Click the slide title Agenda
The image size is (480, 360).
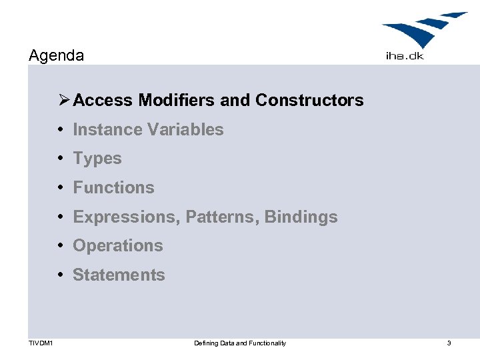57,55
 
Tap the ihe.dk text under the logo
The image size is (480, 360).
405,56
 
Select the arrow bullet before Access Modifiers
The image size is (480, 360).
63,100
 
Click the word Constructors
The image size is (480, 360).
309,100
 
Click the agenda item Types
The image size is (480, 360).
97,159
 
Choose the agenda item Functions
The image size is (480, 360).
113,187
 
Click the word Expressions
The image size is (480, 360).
125,217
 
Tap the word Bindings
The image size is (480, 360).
301,217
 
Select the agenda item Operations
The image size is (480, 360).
118,245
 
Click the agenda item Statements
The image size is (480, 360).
119,275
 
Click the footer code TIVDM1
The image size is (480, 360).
41,343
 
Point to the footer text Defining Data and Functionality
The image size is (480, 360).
240,343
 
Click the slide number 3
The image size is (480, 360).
449,343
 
